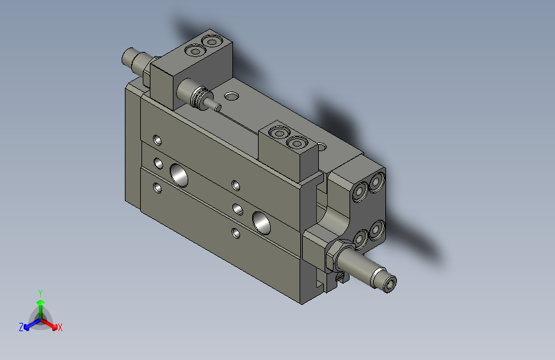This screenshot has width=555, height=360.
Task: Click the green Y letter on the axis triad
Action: (x=40, y=291)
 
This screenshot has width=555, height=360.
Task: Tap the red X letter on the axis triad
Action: (x=60, y=328)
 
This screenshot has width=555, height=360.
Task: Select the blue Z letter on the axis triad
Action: (x=21, y=327)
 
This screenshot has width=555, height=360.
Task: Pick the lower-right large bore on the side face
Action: (x=261, y=221)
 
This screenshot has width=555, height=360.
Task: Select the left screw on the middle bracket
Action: (x=280, y=133)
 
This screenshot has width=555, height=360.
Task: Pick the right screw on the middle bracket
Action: (x=296, y=142)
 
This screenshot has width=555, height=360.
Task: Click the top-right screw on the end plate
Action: (x=377, y=179)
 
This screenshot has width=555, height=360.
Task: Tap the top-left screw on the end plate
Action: (x=359, y=191)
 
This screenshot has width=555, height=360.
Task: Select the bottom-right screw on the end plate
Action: (x=377, y=227)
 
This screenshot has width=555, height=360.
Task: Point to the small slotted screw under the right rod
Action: (x=339, y=278)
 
